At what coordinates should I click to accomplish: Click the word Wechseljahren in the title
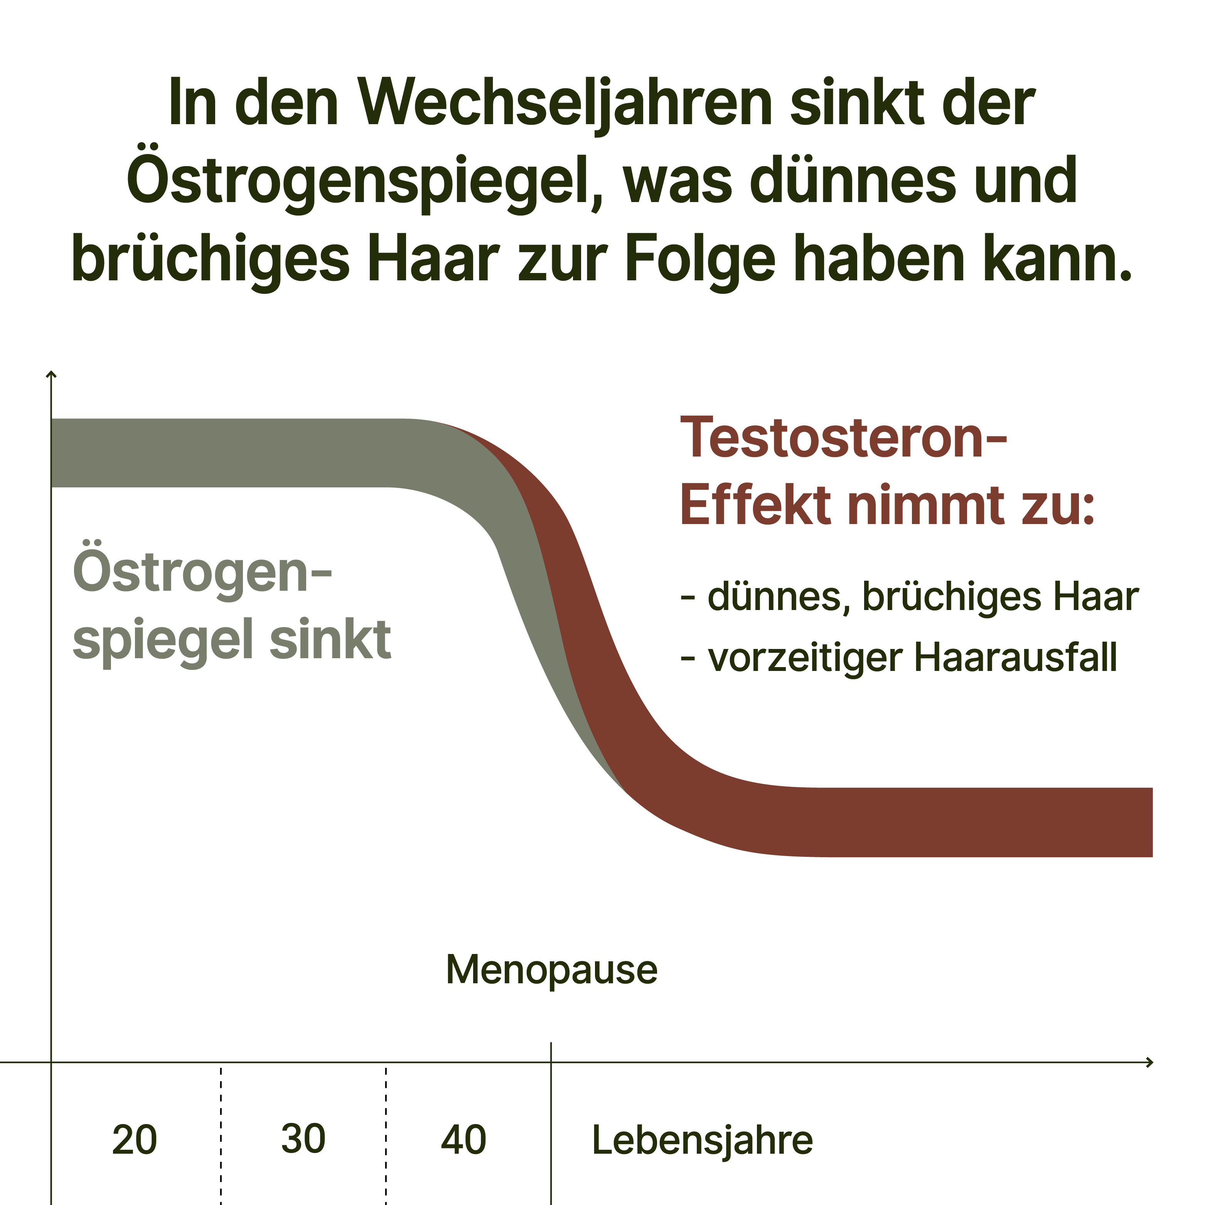click(565, 103)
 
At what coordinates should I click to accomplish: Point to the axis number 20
click(134, 1140)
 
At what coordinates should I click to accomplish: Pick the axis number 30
click(303, 1139)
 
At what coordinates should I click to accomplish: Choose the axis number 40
click(463, 1140)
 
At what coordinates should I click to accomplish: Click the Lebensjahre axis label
click(702, 1140)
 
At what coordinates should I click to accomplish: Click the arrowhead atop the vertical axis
click(52, 374)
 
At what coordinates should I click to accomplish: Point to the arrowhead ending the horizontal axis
click(1149, 1062)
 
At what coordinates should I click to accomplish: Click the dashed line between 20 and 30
click(221, 1135)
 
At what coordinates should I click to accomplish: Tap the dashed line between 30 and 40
click(386, 1135)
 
